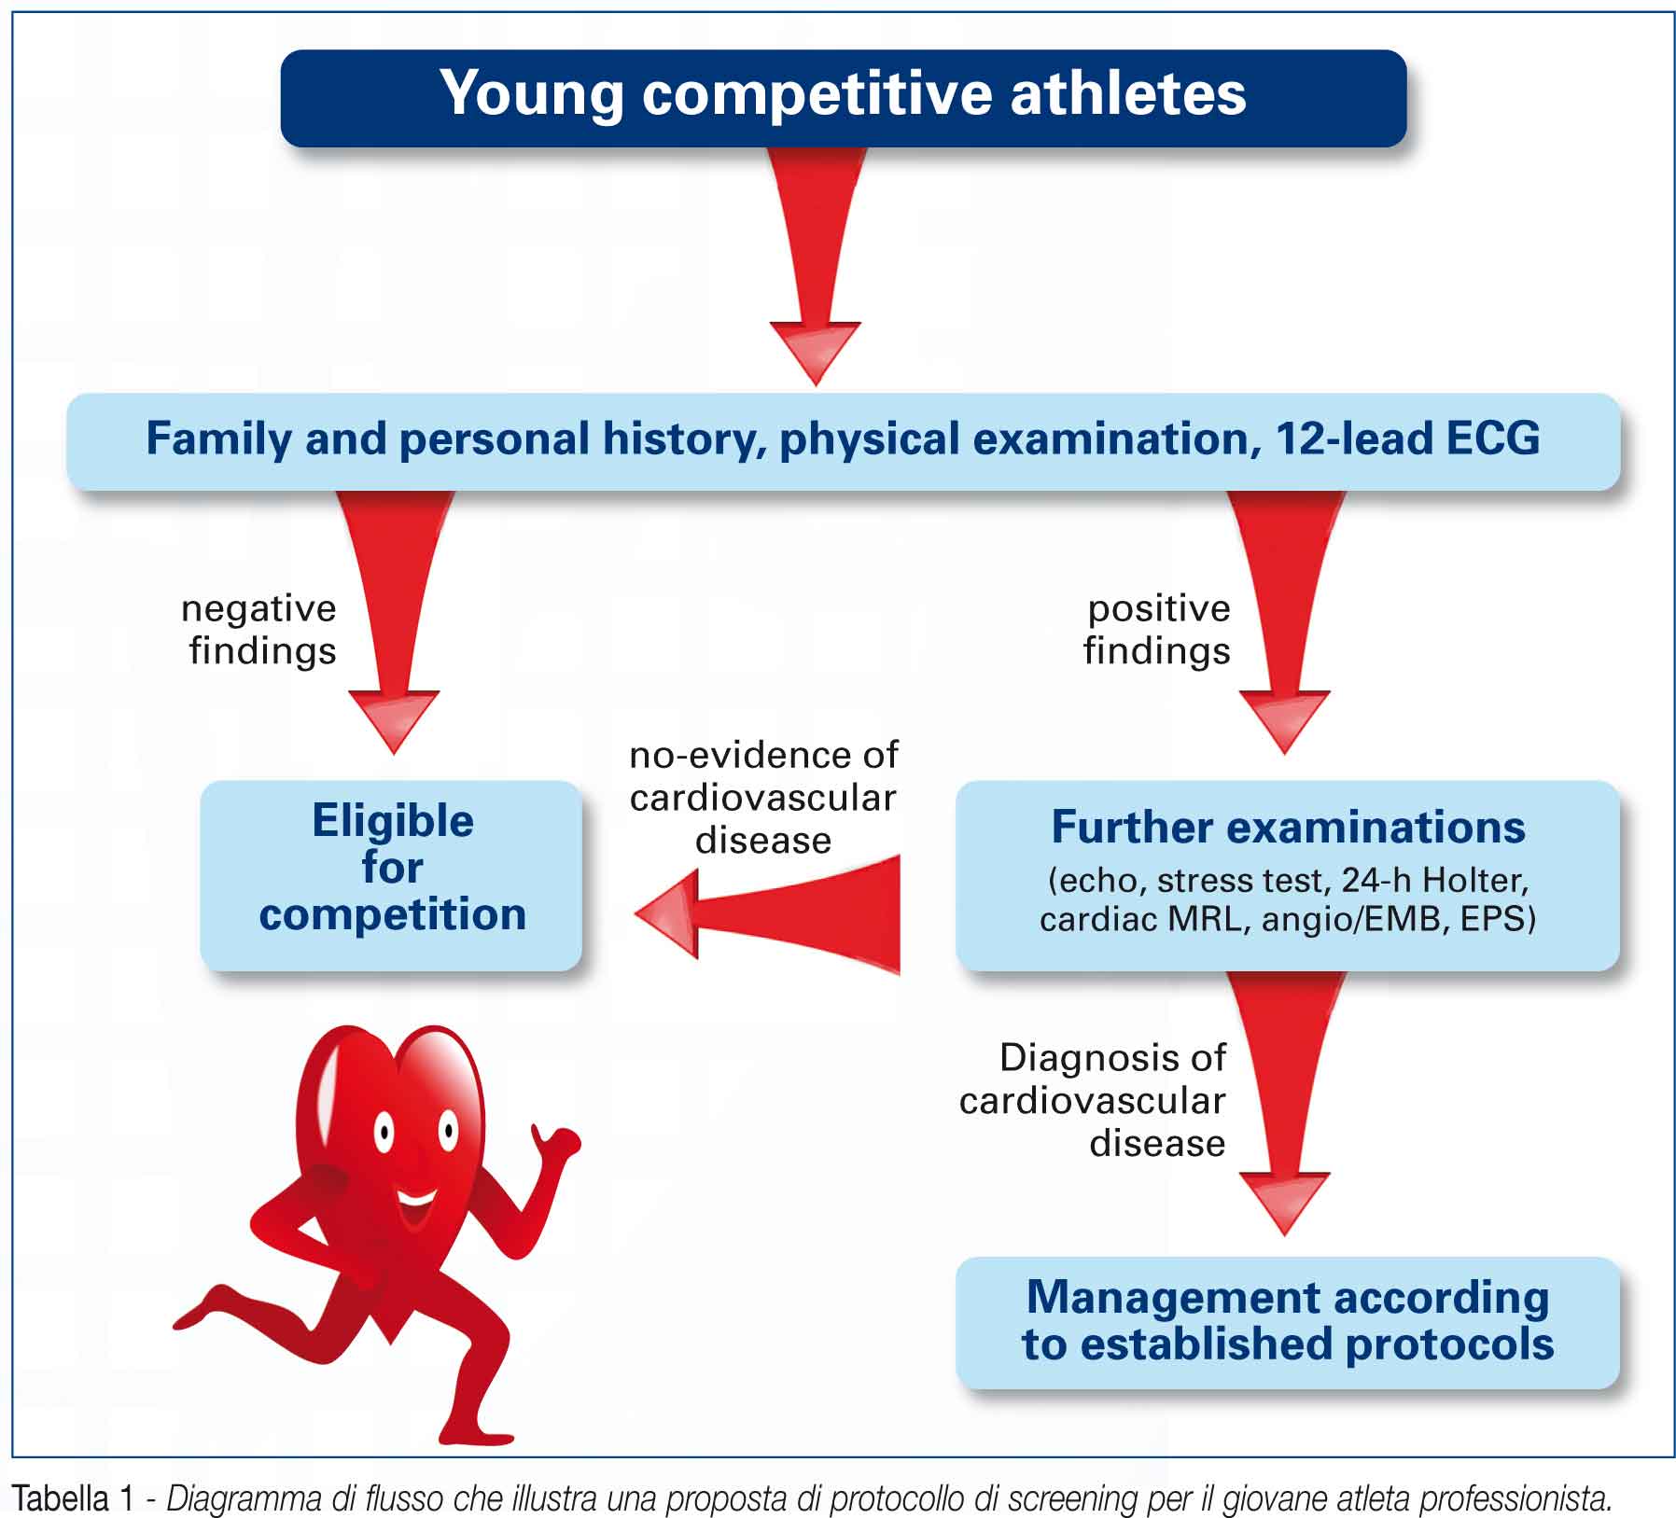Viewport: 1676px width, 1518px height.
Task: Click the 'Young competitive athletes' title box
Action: [843, 98]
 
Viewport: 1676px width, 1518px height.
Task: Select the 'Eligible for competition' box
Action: [391, 875]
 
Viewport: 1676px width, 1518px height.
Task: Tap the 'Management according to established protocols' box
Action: [1288, 1322]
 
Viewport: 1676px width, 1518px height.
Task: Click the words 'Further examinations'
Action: [1288, 827]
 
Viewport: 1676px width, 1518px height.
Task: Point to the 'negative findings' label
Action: [259, 630]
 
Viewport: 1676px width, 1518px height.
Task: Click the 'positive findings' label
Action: [1157, 630]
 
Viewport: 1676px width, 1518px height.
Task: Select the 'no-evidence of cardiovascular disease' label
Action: [763, 798]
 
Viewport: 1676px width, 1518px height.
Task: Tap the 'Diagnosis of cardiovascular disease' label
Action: [1093, 1100]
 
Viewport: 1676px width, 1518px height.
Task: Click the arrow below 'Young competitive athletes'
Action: [816, 266]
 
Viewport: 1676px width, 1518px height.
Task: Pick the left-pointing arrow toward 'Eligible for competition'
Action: [767, 914]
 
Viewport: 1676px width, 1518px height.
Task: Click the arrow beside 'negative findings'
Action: [394, 621]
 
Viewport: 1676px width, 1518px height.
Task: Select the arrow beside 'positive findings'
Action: [1285, 621]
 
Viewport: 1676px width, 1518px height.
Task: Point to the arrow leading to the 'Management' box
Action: [1285, 1103]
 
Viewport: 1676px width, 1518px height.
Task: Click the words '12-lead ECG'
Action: [1407, 439]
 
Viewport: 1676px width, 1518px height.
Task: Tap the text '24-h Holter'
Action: [1434, 880]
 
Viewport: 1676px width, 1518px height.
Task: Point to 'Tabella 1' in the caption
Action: [75, 1498]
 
